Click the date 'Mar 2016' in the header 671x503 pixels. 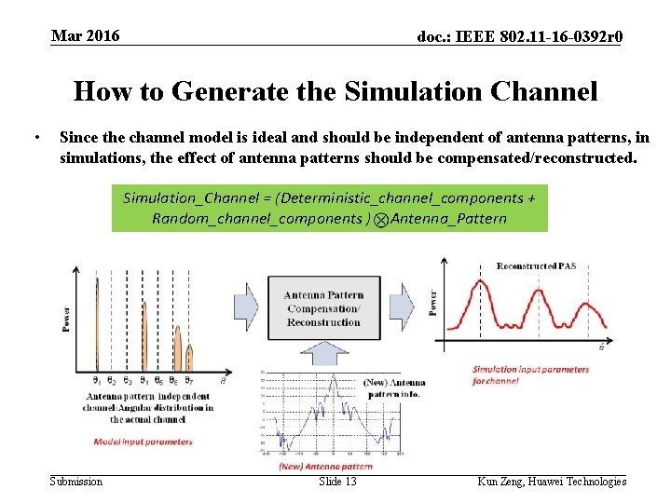pyautogui.click(x=85, y=35)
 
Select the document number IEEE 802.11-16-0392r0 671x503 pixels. pyautogui.click(x=520, y=36)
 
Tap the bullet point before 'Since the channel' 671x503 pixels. pyautogui.click(x=34, y=138)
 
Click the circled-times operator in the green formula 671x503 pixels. pyautogui.click(x=381, y=219)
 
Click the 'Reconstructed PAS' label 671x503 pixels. pyautogui.click(x=536, y=266)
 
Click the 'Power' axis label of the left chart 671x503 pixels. pyautogui.click(x=66, y=319)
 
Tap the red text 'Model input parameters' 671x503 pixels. pyautogui.click(x=144, y=441)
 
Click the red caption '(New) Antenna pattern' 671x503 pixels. pyautogui.click(x=325, y=466)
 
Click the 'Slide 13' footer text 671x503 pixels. pyautogui.click(x=337, y=482)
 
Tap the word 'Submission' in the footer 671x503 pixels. pyautogui.click(x=76, y=482)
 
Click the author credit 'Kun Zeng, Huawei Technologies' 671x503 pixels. pyautogui.click(x=552, y=482)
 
